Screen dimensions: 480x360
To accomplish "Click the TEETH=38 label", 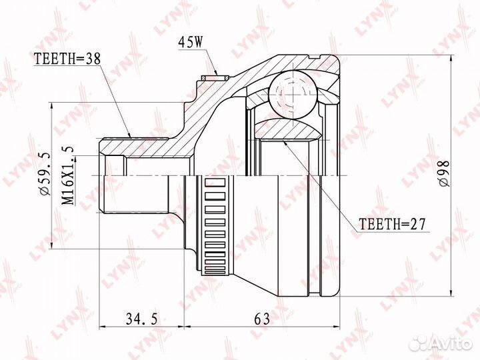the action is (x=67, y=59).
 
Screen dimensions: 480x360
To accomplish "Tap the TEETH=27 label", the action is (x=393, y=225).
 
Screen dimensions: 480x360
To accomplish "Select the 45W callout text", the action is (x=191, y=43).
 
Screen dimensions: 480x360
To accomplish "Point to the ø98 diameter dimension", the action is (x=444, y=173).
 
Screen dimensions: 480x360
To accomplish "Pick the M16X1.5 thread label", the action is (x=67, y=175).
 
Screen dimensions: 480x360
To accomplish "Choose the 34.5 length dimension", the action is (x=141, y=319).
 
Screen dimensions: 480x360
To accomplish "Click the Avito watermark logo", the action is (x=441, y=343).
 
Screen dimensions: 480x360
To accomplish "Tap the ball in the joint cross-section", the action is (x=293, y=94).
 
